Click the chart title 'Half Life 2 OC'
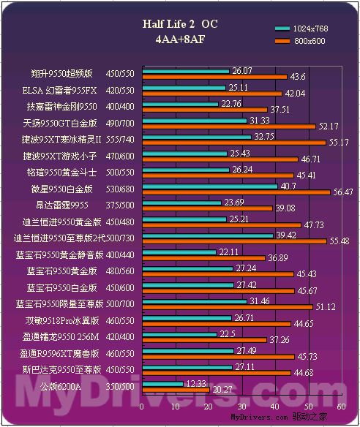coord(180,24)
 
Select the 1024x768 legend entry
coord(301,29)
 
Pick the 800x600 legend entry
coord(300,41)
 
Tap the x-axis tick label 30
coord(241,407)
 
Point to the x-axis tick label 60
coord(341,407)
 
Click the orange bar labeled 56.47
coord(236,192)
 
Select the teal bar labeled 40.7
coord(210,186)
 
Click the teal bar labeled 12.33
coord(162,384)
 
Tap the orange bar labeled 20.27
coord(176,390)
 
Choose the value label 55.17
coord(339,142)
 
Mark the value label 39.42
coord(286,235)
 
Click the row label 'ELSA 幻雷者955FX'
coord(59,90)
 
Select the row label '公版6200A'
coord(61,386)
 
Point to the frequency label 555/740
coord(120,140)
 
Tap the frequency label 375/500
coord(120,205)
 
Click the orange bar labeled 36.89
coord(204,258)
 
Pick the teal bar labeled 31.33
coord(195,121)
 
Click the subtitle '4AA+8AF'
coord(180,39)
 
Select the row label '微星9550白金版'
coord(61,189)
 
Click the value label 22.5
coord(228,334)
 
